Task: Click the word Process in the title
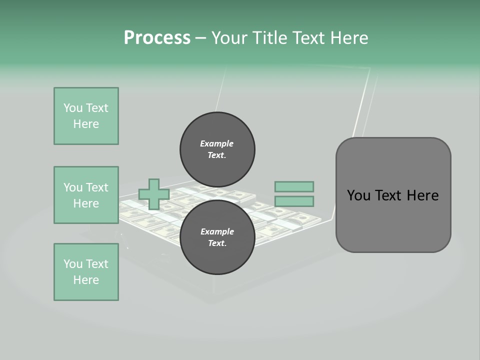pyautogui.click(x=157, y=38)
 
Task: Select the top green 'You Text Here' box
pyautogui.click(x=86, y=116)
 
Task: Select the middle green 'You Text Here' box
pyautogui.click(x=86, y=195)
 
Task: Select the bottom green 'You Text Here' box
pyautogui.click(x=86, y=272)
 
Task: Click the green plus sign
pyautogui.click(x=154, y=194)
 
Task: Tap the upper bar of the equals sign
pyautogui.click(x=294, y=186)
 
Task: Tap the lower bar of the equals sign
pyautogui.click(x=294, y=201)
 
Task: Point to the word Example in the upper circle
pyautogui.click(x=216, y=143)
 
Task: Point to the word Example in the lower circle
pyautogui.click(x=217, y=231)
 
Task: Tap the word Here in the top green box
pyautogui.click(x=86, y=124)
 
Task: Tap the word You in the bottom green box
pyautogui.click(x=73, y=264)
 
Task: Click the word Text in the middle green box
pyautogui.click(x=97, y=187)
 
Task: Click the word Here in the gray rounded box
pyautogui.click(x=422, y=195)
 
